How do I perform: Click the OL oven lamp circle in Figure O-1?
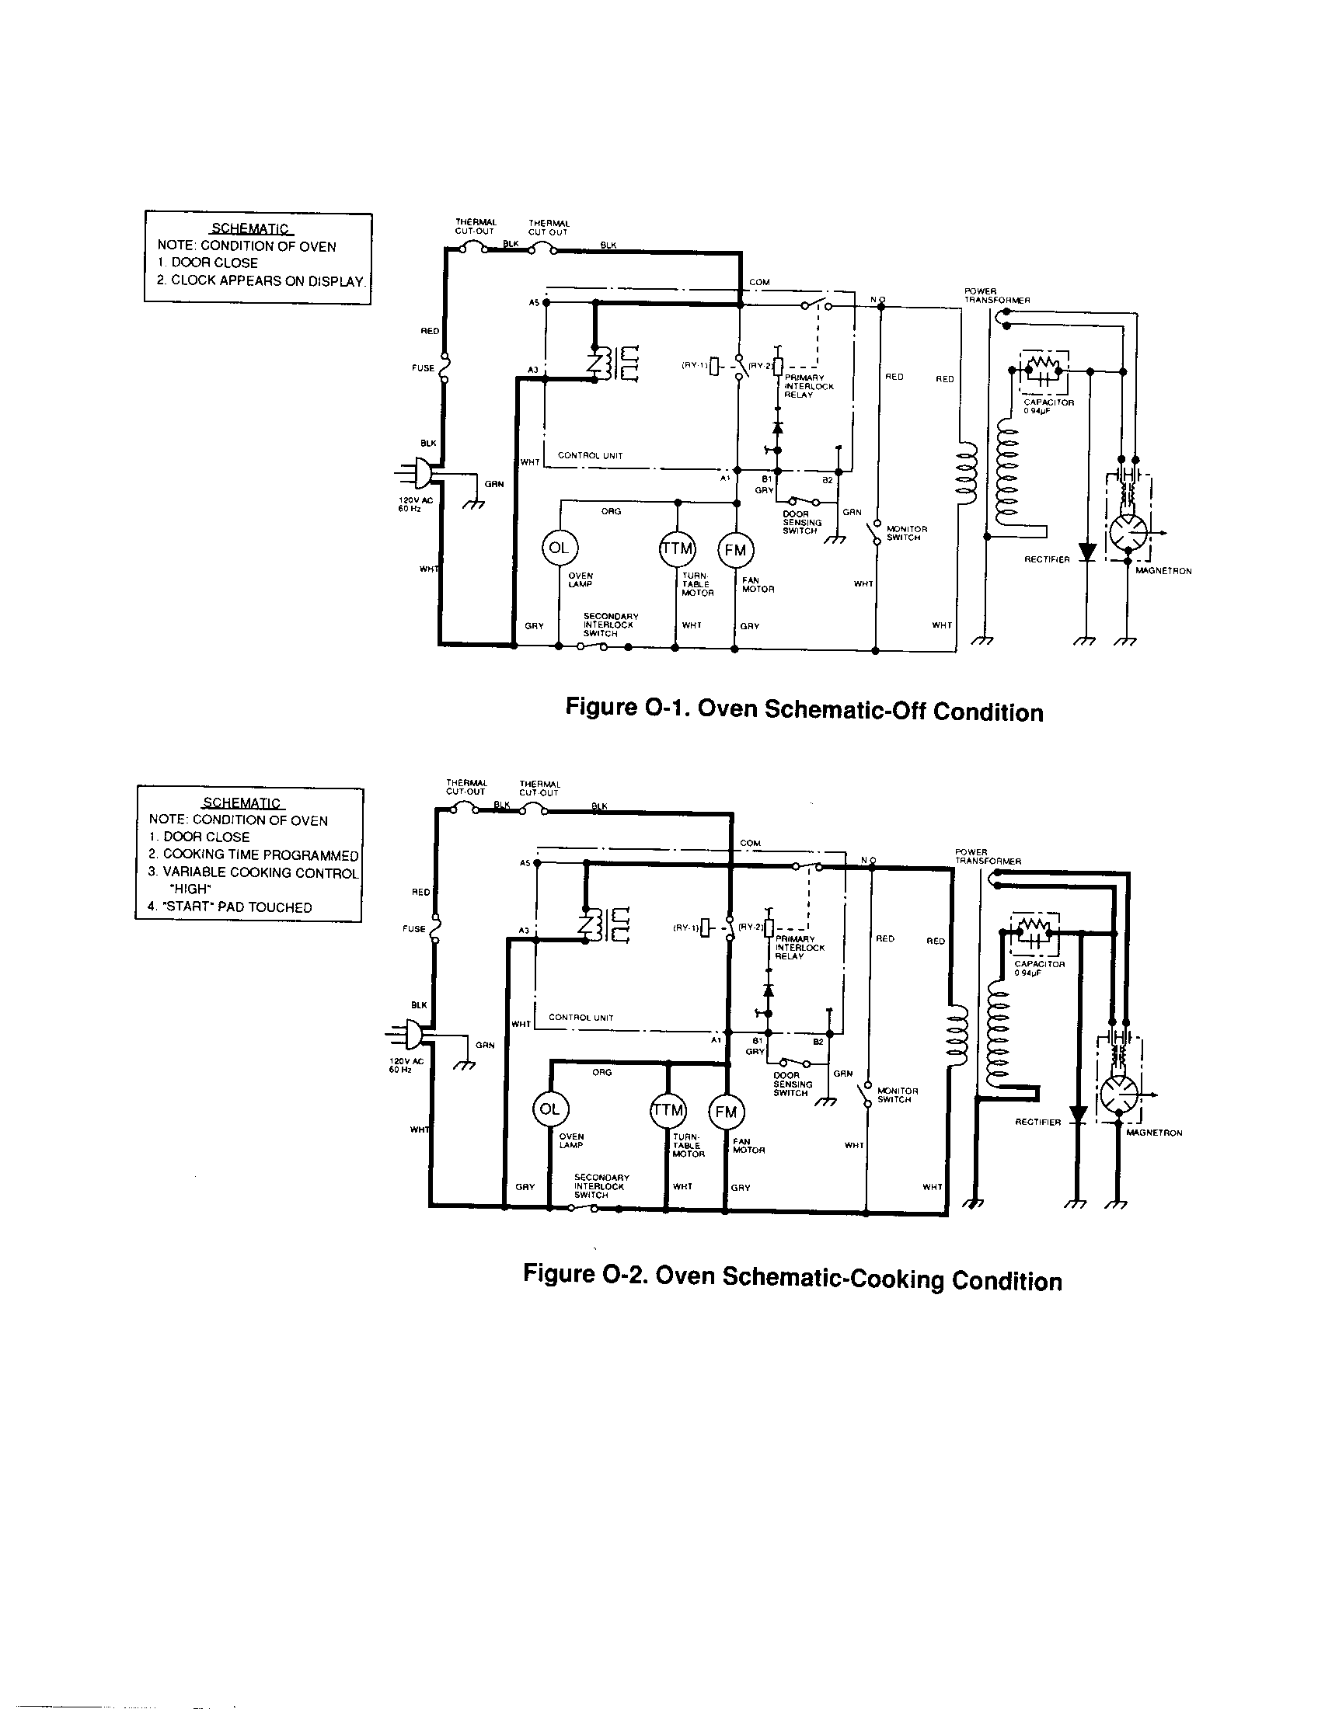pyautogui.click(x=559, y=548)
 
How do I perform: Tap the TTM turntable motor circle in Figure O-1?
pyautogui.click(x=677, y=548)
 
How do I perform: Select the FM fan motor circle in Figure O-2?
pyautogui.click(x=726, y=1112)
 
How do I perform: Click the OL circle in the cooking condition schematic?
pyautogui.click(x=550, y=1109)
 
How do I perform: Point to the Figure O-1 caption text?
pyautogui.click(x=804, y=711)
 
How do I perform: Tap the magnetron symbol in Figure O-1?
pyautogui.click(x=1128, y=534)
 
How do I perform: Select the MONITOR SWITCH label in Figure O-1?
pyautogui.click(x=905, y=534)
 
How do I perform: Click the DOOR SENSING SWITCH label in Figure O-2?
pyautogui.click(x=792, y=1084)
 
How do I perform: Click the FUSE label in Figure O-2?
pyautogui.click(x=413, y=929)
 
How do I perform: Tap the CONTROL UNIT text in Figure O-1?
pyautogui.click(x=589, y=455)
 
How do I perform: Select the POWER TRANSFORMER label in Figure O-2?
pyautogui.click(x=988, y=856)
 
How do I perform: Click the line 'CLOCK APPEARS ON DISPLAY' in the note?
pyautogui.click(x=260, y=282)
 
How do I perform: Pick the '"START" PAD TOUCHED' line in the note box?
pyautogui.click(x=230, y=907)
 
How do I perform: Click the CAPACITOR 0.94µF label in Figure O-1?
pyautogui.click(x=1048, y=406)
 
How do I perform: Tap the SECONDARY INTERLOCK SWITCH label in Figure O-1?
pyautogui.click(x=611, y=625)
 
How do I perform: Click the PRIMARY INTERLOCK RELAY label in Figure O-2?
pyautogui.click(x=799, y=948)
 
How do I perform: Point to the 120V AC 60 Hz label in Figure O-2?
pyautogui.click(x=406, y=1065)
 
